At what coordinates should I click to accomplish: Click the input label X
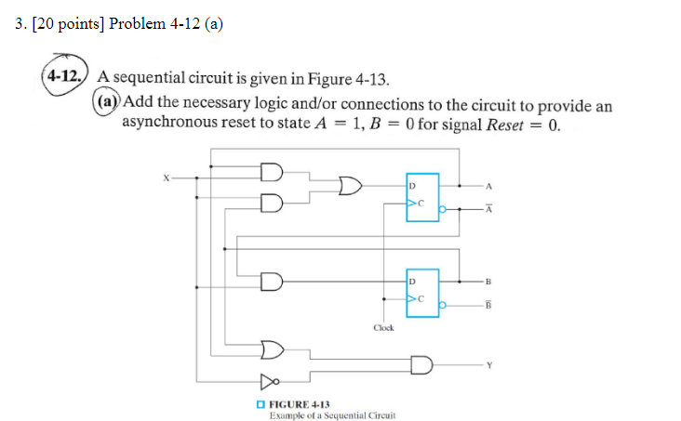(x=165, y=176)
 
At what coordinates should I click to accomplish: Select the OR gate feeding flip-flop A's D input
(x=351, y=186)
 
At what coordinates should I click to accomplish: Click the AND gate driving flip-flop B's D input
(x=271, y=279)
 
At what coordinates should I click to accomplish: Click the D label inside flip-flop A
(x=411, y=186)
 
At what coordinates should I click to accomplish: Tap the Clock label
(x=383, y=327)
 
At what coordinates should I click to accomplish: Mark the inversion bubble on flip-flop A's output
(x=443, y=209)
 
